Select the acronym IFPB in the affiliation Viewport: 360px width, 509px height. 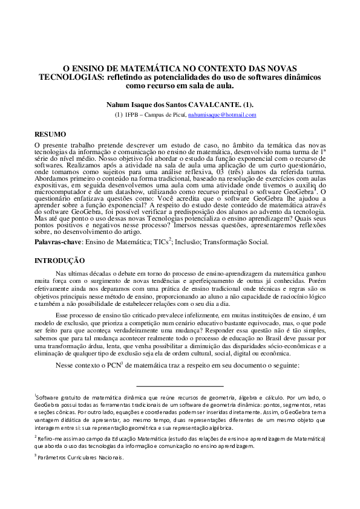[x=132, y=114]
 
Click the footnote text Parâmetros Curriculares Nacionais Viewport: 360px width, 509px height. [x=80, y=458]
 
